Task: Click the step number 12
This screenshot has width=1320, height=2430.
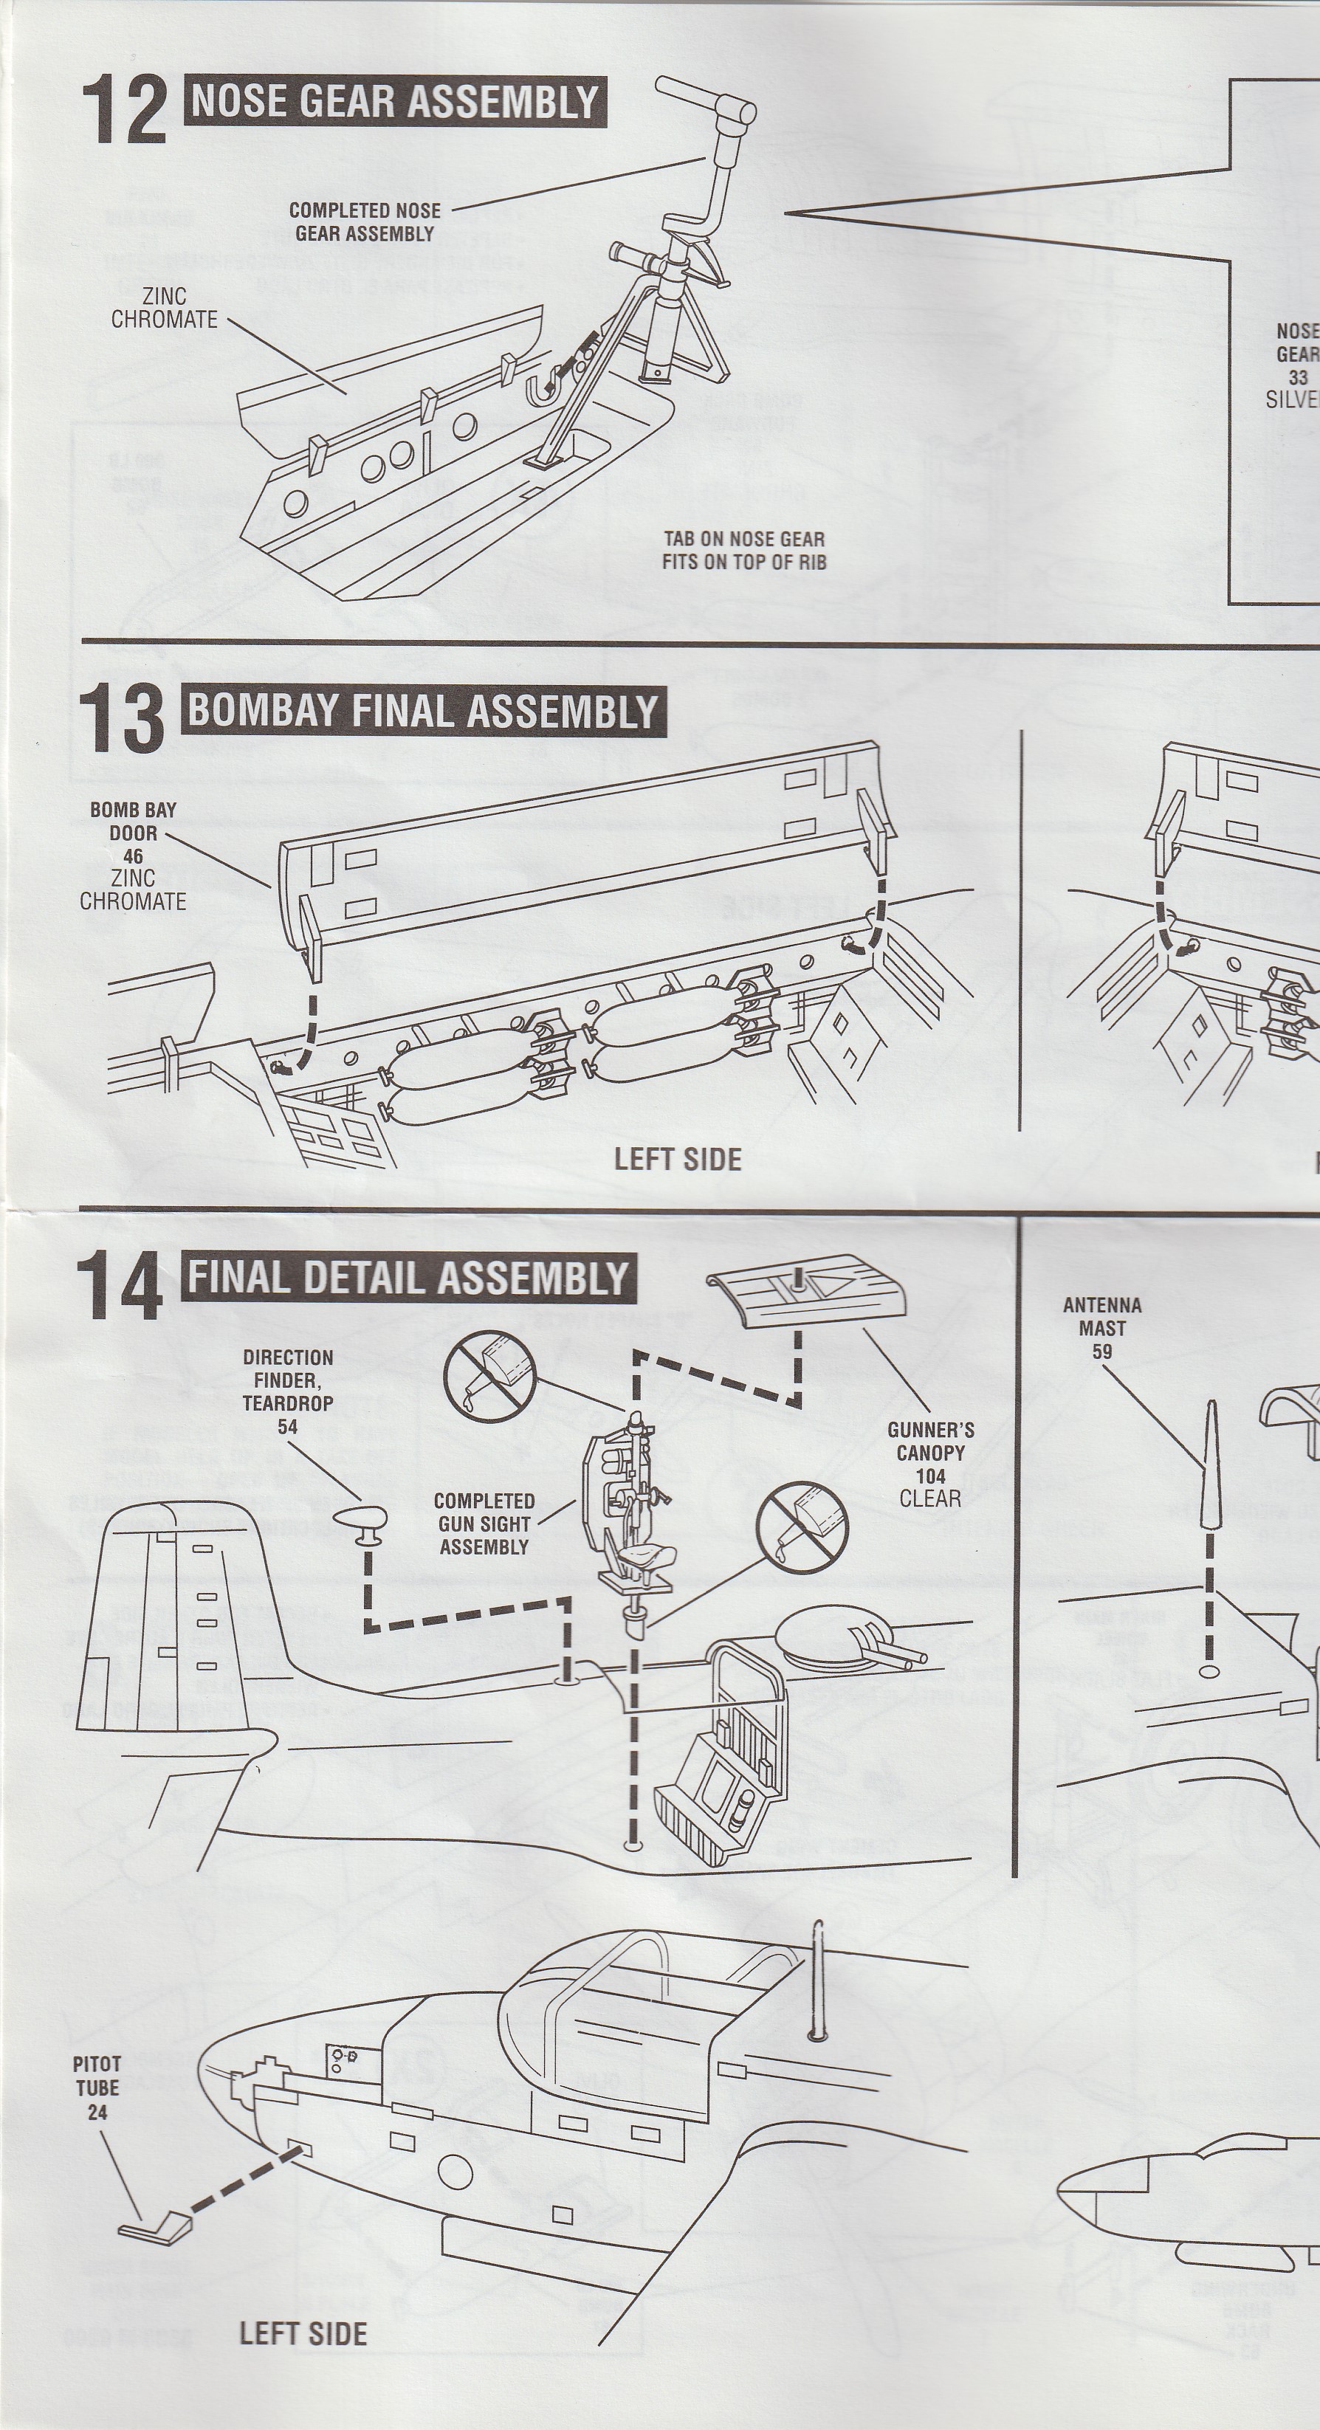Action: tap(123, 111)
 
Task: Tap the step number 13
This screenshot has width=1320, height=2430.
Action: tap(122, 719)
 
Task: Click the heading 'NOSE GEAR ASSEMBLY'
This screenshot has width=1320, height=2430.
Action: tap(396, 102)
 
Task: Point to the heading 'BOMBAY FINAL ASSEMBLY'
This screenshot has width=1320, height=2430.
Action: tap(423, 710)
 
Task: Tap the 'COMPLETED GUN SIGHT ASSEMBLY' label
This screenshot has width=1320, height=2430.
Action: tap(484, 1524)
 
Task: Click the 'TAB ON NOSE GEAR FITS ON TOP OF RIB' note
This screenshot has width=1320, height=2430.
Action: tap(743, 550)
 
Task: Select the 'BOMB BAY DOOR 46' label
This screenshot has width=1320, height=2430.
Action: tap(133, 832)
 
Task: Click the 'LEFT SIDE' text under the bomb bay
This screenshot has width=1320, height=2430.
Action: tap(678, 1160)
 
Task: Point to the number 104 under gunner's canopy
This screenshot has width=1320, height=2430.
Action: tap(930, 1476)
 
